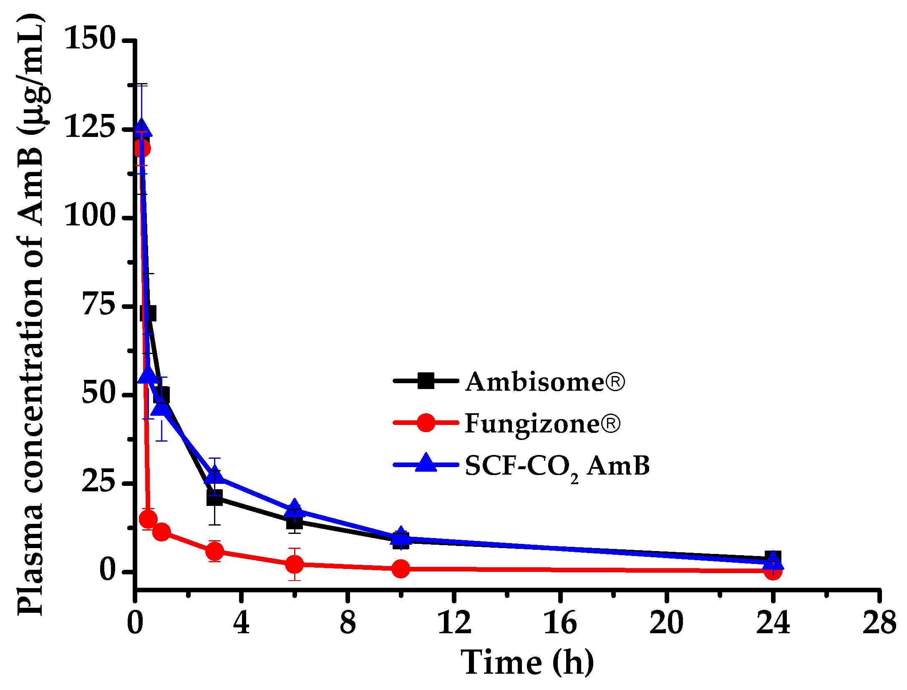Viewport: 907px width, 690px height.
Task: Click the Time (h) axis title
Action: [x=527, y=662]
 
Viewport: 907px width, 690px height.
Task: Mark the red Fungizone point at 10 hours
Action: [x=401, y=569]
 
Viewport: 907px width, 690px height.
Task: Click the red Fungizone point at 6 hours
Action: [x=295, y=564]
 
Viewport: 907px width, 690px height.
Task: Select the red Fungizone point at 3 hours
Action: [x=214, y=551]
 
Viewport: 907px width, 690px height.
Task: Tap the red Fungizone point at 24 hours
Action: [x=773, y=571]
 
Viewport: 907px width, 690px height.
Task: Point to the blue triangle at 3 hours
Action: [x=214, y=476]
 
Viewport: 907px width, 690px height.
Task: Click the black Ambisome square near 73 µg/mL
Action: [x=148, y=313]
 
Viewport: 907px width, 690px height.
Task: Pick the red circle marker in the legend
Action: [x=426, y=423]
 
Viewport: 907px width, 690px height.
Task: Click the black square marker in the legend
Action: [x=426, y=381]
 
